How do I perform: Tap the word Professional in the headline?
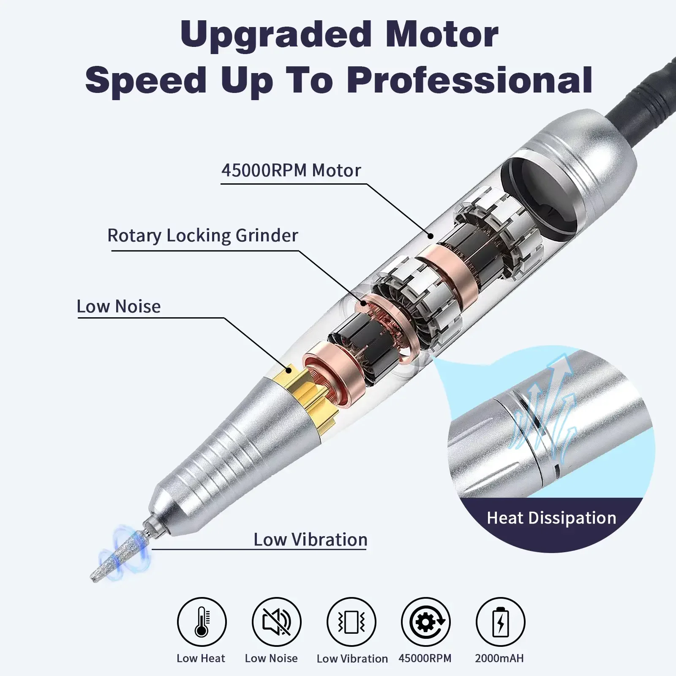click(470, 80)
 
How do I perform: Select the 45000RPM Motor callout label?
click(291, 171)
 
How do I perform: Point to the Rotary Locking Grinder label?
click(203, 235)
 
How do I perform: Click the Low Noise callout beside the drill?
click(119, 306)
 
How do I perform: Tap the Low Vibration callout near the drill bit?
click(310, 540)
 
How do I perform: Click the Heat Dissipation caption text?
click(551, 518)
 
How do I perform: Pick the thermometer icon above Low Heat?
click(202, 622)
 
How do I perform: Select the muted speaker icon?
click(277, 622)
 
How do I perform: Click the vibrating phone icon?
click(352, 622)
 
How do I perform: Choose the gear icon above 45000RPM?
click(426, 622)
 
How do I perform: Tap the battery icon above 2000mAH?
click(501, 622)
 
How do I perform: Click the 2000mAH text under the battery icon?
click(499, 658)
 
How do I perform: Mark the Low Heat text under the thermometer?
click(201, 658)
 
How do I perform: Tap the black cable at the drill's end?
click(646, 89)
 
